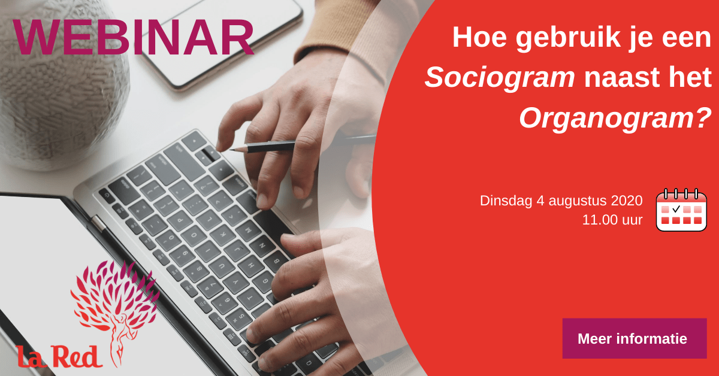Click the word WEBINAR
(133, 38)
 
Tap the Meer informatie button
(635, 338)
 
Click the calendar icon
(681, 210)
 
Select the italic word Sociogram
(500, 78)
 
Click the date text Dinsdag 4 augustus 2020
(561, 201)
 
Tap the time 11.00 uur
(612, 220)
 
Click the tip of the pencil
(230, 150)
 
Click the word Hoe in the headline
(479, 38)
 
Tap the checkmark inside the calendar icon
(676, 209)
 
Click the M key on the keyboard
(248, 231)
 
